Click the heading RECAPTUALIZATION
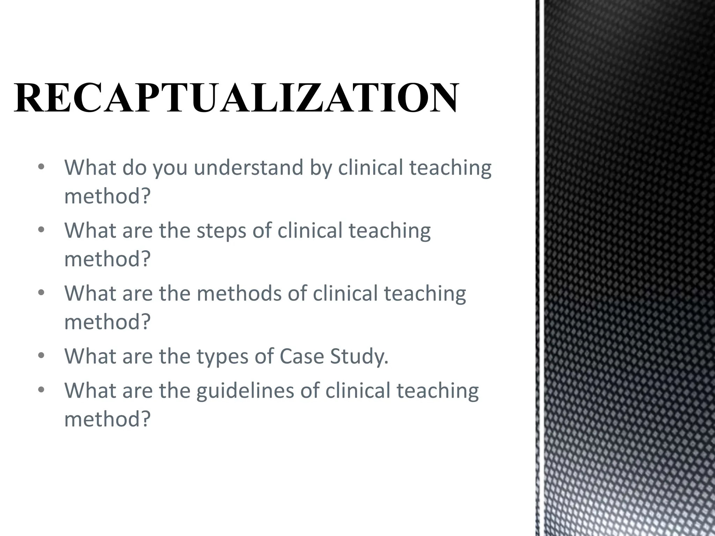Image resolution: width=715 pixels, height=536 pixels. point(236,98)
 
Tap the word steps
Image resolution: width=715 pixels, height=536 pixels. point(221,231)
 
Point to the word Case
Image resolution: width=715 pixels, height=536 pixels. point(302,356)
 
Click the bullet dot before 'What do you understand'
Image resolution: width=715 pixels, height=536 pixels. point(42,167)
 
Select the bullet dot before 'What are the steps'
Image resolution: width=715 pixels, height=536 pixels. point(42,230)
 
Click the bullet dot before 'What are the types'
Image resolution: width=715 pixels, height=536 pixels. point(42,356)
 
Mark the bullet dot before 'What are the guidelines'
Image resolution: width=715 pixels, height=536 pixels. point(42,390)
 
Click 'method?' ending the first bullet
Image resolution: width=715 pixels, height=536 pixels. point(107,196)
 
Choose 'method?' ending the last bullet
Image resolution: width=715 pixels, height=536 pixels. point(107,419)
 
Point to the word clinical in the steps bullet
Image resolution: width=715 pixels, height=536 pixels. point(310,231)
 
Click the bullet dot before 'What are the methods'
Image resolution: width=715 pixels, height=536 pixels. point(42,293)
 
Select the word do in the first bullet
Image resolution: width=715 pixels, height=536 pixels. point(134,167)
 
